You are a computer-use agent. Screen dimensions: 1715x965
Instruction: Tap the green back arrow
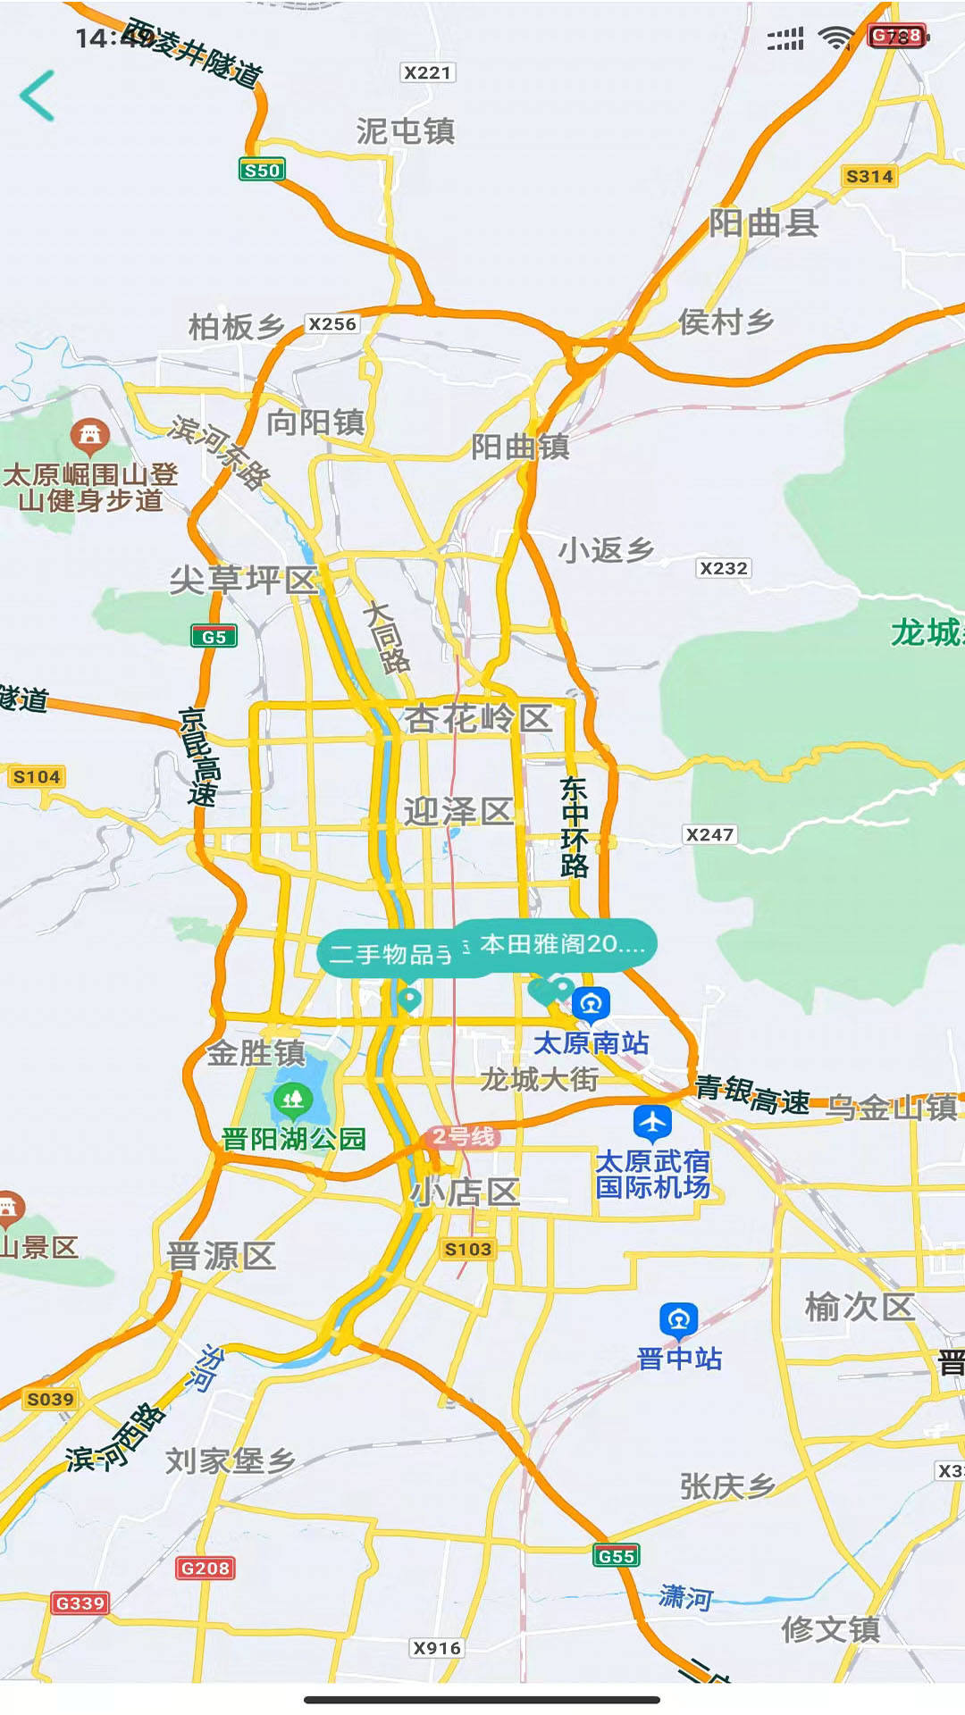tap(38, 96)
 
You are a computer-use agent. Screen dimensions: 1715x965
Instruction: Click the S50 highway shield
tap(262, 170)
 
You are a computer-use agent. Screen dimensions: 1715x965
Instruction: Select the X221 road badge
tap(427, 72)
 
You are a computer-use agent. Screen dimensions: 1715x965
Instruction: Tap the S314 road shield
tap(869, 176)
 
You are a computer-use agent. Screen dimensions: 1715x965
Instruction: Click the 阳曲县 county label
tap(764, 222)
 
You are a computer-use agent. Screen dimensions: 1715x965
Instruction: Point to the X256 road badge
tap(331, 324)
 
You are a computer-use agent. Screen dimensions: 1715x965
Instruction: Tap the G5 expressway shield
tap(214, 636)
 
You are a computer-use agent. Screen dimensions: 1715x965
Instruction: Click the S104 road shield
tap(37, 776)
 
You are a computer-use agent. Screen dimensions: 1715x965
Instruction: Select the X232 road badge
tap(723, 568)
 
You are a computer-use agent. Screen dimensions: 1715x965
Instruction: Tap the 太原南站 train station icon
tap(591, 1004)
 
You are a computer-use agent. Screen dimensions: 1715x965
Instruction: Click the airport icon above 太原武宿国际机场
tap(652, 1122)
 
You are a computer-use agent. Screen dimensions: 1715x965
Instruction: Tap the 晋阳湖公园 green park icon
tap(292, 1099)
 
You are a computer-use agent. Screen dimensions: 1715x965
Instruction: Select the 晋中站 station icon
tap(679, 1319)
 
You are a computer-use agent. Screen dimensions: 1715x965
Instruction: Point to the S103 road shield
tap(467, 1249)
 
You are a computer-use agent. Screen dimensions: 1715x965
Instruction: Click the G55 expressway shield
tap(617, 1555)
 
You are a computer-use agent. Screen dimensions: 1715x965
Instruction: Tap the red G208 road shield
tap(206, 1568)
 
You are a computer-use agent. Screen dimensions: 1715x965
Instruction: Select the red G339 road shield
tap(80, 1602)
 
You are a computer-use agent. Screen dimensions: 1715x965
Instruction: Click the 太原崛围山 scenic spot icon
tap(89, 435)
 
